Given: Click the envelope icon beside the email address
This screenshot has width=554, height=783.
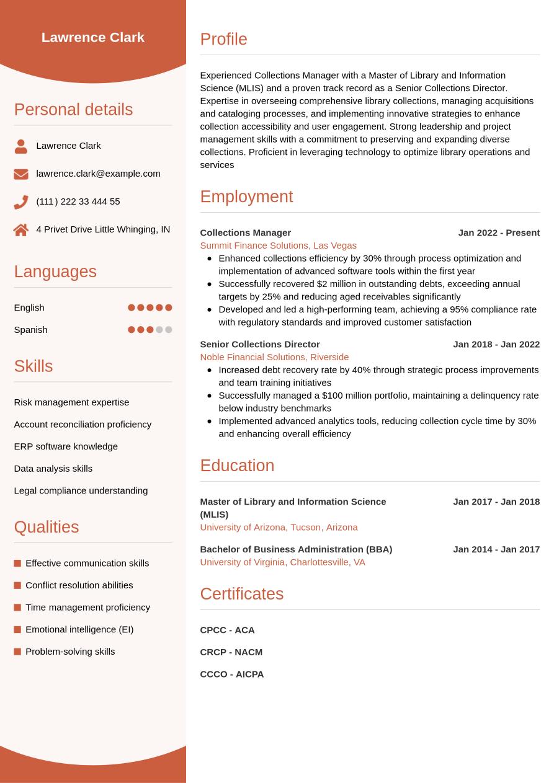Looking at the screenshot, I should [x=21, y=174].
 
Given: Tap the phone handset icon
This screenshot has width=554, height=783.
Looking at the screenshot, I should [x=21, y=202].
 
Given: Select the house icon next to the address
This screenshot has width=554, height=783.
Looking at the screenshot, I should [x=21, y=230].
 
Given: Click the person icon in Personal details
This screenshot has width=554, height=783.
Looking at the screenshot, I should [x=21, y=146].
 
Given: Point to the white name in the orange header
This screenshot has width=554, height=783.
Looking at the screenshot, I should [x=93, y=37].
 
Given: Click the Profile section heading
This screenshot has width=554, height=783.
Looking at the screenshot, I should [x=223, y=39].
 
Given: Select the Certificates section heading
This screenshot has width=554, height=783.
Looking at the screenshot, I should [x=241, y=593].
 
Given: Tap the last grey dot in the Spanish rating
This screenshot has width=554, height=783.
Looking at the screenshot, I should [x=169, y=330].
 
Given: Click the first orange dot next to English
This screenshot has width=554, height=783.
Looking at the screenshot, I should [x=132, y=307].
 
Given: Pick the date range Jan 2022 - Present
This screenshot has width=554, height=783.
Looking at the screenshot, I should [x=499, y=232].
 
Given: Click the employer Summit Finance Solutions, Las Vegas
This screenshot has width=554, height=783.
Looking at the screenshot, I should [x=278, y=246].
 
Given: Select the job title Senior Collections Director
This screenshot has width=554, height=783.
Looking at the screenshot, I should [x=259, y=344].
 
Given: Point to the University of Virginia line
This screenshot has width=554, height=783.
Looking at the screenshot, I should [x=282, y=562].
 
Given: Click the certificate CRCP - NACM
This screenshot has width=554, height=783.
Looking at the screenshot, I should [x=231, y=652].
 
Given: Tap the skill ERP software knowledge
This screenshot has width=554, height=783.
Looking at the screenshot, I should [x=66, y=446].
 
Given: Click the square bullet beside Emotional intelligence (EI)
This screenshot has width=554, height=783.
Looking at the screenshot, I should [x=17, y=629].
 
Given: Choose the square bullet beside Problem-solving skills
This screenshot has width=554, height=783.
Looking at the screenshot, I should [x=17, y=652].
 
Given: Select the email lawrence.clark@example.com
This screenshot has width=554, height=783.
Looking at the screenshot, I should [x=98, y=174].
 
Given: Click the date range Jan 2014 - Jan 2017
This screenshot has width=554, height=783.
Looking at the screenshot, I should [x=496, y=549].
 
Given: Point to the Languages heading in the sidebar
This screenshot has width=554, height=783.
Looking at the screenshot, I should [x=55, y=272].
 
